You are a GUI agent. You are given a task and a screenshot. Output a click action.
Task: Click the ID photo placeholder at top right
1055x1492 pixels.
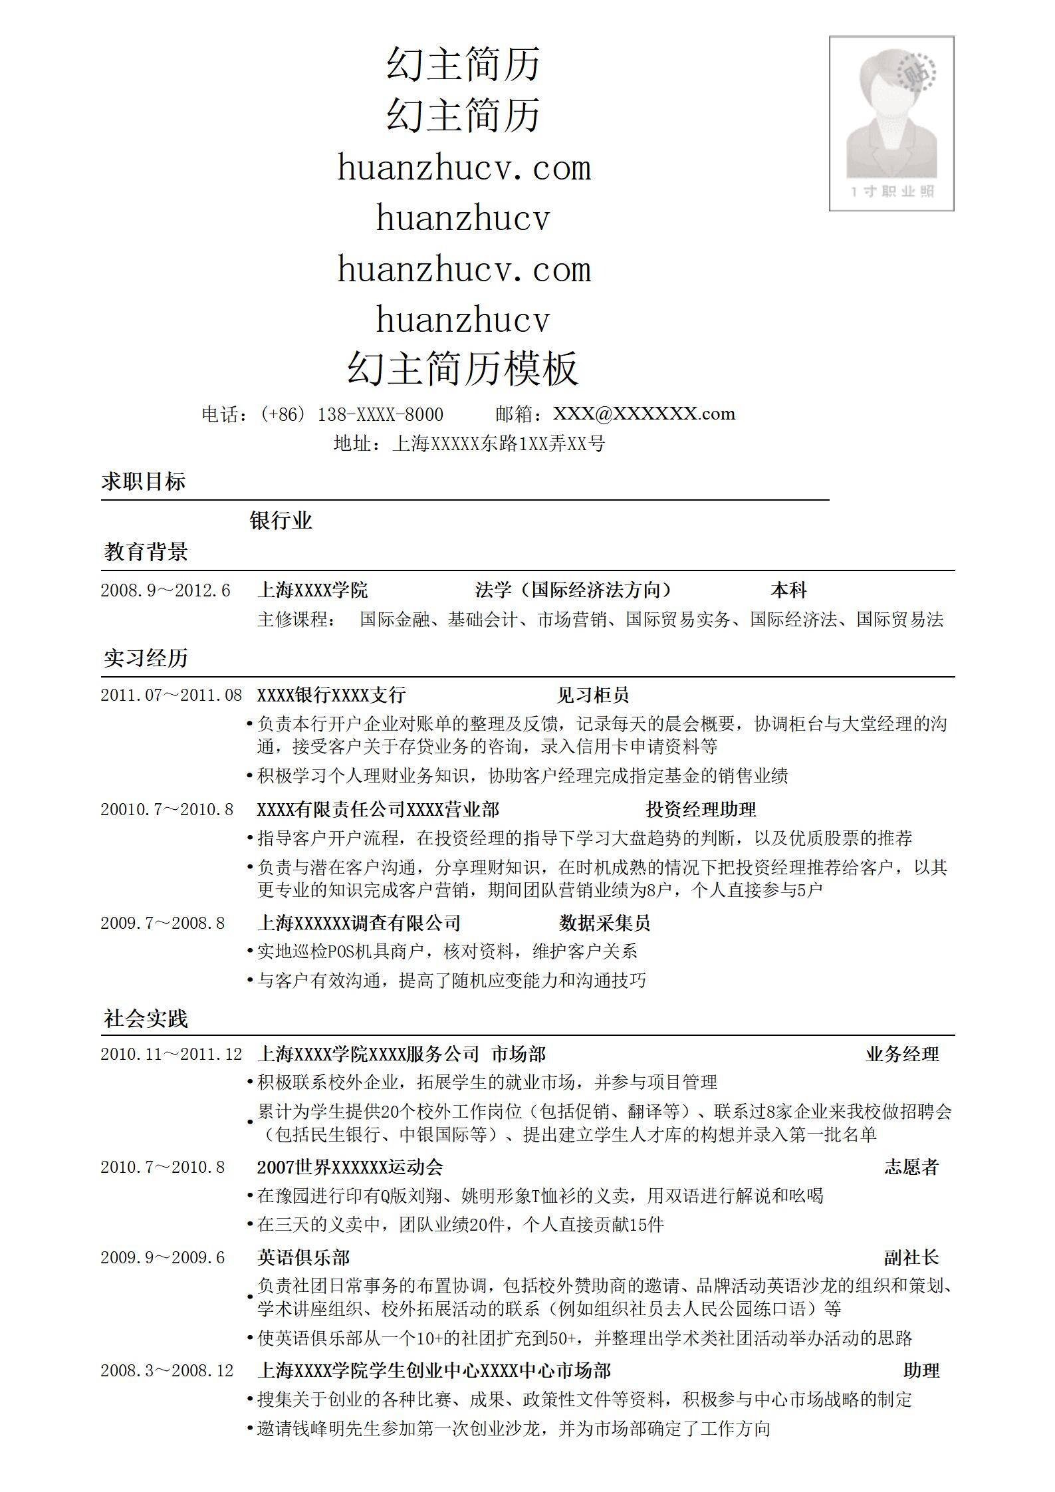(x=891, y=124)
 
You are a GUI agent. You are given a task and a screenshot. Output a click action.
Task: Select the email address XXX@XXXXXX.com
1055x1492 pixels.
(x=644, y=414)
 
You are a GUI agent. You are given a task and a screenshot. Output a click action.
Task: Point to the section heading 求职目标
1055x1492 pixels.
(x=144, y=481)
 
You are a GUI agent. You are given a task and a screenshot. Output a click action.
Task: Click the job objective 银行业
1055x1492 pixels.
(x=281, y=520)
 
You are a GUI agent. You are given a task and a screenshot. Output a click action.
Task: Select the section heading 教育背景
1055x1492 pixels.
(x=146, y=551)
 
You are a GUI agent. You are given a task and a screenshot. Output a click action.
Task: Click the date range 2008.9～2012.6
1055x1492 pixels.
(x=166, y=590)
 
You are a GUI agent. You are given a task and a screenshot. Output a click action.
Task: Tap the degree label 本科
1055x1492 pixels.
(x=788, y=590)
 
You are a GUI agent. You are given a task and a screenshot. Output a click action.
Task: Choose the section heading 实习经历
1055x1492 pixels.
(x=146, y=658)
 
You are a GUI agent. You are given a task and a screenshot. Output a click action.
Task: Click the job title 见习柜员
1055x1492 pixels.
(x=592, y=695)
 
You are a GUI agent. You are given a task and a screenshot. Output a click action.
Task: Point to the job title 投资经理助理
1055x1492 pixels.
(x=701, y=809)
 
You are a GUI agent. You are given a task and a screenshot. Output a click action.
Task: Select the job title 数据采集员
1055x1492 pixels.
(x=604, y=923)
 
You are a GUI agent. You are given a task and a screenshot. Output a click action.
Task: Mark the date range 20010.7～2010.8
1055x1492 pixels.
(x=167, y=810)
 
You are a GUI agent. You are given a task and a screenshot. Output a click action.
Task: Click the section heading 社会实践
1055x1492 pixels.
(x=146, y=1019)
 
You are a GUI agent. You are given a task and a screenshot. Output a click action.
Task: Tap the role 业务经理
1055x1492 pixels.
(x=902, y=1055)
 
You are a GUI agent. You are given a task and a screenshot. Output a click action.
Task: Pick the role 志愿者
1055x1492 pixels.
(x=911, y=1168)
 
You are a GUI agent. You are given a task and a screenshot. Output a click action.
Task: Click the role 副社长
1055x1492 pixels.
(x=911, y=1258)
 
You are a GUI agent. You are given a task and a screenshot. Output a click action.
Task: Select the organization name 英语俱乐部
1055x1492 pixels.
(x=303, y=1258)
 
